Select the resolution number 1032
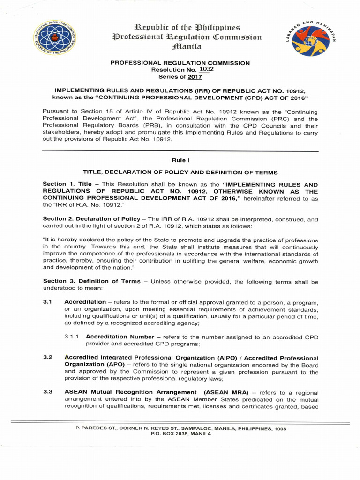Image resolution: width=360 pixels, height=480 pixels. pos(205,69)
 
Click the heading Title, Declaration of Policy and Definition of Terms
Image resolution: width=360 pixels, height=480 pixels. pos(180,172)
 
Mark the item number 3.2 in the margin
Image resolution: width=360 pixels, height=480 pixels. pos(47,358)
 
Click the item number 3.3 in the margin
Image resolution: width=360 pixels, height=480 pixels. pos(47,392)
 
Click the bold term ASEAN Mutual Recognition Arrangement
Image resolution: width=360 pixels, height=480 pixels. pos(130,392)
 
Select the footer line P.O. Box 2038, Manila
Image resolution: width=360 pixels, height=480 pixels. pos(180,434)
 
